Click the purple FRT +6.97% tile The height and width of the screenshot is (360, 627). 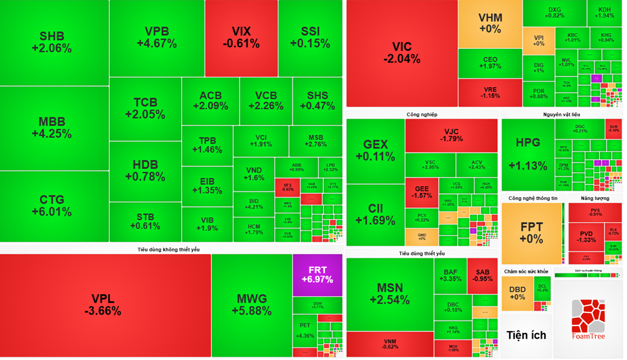tap(317, 274)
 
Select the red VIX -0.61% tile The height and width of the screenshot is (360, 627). tap(241, 38)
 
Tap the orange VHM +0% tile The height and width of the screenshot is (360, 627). tap(490, 23)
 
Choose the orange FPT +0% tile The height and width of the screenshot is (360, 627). tap(532, 233)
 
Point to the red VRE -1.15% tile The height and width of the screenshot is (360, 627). tap(490, 92)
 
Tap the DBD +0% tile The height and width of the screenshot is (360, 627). tap(517, 293)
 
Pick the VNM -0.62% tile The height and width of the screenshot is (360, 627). tap(389, 344)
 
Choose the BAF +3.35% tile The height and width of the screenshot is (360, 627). tap(450, 275)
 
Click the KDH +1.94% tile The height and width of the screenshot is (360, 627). tap(604, 13)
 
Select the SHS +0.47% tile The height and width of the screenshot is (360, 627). tap(317, 100)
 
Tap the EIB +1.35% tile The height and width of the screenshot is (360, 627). tap(207, 186)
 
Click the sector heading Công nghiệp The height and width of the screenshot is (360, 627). tap(421, 114)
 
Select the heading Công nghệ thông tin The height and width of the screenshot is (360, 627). tap(532, 198)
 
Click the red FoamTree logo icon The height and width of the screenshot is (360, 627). tap(587, 315)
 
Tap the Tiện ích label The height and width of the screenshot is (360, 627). tap(526, 335)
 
